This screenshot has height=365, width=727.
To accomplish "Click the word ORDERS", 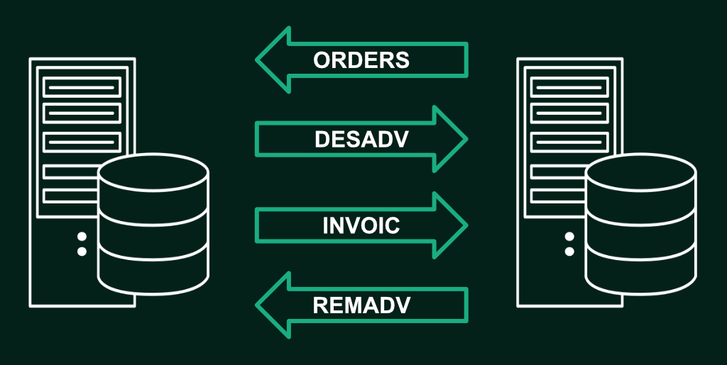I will click(361, 60).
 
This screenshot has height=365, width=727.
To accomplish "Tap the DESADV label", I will click(361, 140).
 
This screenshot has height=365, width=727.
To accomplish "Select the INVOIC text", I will click(361, 225).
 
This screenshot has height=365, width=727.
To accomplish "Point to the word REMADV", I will click(361, 305).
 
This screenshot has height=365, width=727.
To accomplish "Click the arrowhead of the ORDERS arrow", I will click(273, 60).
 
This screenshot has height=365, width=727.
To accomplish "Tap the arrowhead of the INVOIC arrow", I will click(450, 225).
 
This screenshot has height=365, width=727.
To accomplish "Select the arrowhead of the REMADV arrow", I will click(273, 305).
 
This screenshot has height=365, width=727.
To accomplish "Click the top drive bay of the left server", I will click(82, 87).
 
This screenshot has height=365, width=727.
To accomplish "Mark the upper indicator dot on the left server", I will click(82, 237).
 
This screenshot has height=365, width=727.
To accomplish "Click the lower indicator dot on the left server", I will click(82, 252).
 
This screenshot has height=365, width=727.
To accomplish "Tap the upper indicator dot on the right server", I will click(569, 237).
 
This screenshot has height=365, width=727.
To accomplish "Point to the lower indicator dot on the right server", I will click(569, 252).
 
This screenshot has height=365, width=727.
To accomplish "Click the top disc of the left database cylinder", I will click(153, 172).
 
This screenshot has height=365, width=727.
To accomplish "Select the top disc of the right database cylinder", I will click(640, 172).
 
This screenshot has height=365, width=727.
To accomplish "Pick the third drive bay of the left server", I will click(82, 142).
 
